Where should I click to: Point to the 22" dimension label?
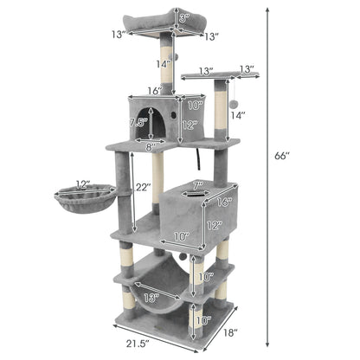[143, 187]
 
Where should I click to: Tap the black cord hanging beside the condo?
[200, 158]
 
